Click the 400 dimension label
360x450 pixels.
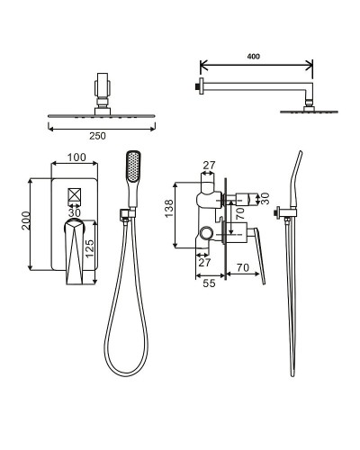click(x=254, y=56)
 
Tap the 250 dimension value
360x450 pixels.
click(x=97, y=136)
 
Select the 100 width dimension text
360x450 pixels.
click(x=76, y=157)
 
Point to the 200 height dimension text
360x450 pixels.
click(x=26, y=220)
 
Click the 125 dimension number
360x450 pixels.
click(x=89, y=248)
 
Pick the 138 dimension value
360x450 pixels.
click(x=169, y=209)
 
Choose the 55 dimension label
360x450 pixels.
click(x=209, y=283)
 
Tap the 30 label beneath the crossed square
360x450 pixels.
click(x=75, y=212)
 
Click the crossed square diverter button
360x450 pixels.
click(x=75, y=194)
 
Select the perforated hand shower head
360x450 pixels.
click(x=133, y=166)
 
